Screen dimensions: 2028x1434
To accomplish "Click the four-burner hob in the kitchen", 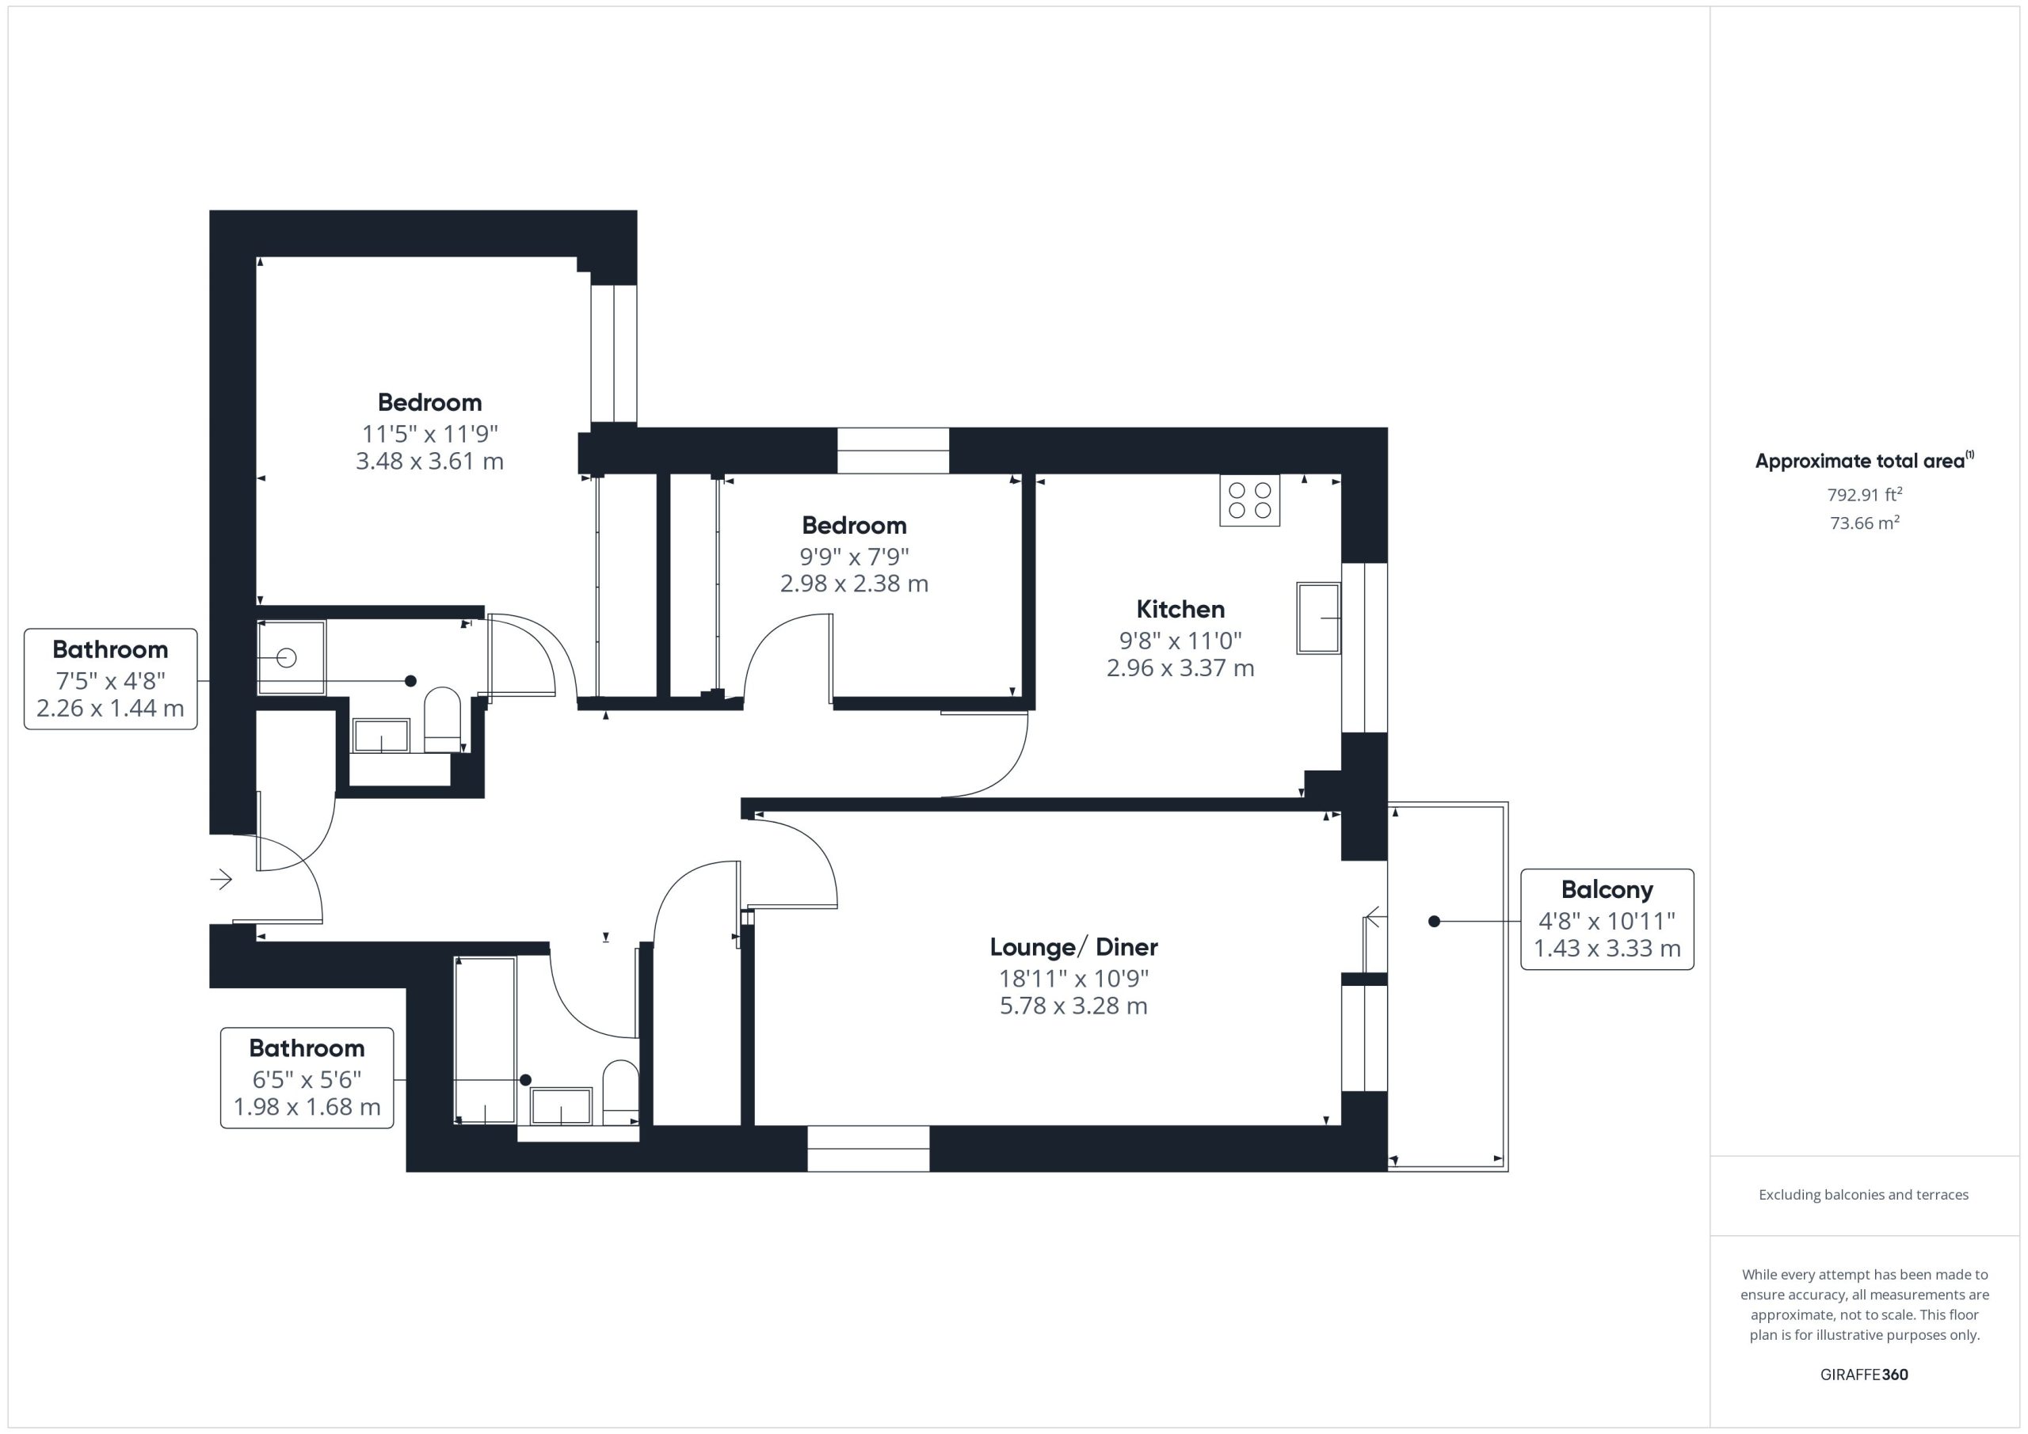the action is point(1249,500).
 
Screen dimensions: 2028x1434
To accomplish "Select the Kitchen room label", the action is point(1180,609).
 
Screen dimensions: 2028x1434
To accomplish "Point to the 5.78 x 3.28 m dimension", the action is point(1073,1006).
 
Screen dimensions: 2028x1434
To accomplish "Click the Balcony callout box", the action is point(1607,919).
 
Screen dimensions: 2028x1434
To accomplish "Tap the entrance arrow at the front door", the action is point(221,880).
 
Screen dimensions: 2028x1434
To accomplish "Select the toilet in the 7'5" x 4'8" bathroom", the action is point(443,721).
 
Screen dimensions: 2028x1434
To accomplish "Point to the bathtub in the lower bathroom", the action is point(485,1040).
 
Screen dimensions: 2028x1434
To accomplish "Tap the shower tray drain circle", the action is point(286,658).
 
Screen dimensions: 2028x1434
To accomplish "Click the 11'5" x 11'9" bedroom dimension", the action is point(430,434).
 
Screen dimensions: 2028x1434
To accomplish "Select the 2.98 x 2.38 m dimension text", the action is point(854,584).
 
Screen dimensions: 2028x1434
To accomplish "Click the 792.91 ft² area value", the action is point(1865,494).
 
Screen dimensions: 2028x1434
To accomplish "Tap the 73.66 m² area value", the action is point(1865,523).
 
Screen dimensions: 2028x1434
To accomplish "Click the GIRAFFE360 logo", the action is point(1864,1374).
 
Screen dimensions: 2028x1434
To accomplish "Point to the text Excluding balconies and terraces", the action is point(1864,1195).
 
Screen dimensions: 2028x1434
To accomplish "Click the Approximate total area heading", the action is point(1864,460).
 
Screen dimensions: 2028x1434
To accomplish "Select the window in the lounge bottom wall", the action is point(868,1149).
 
